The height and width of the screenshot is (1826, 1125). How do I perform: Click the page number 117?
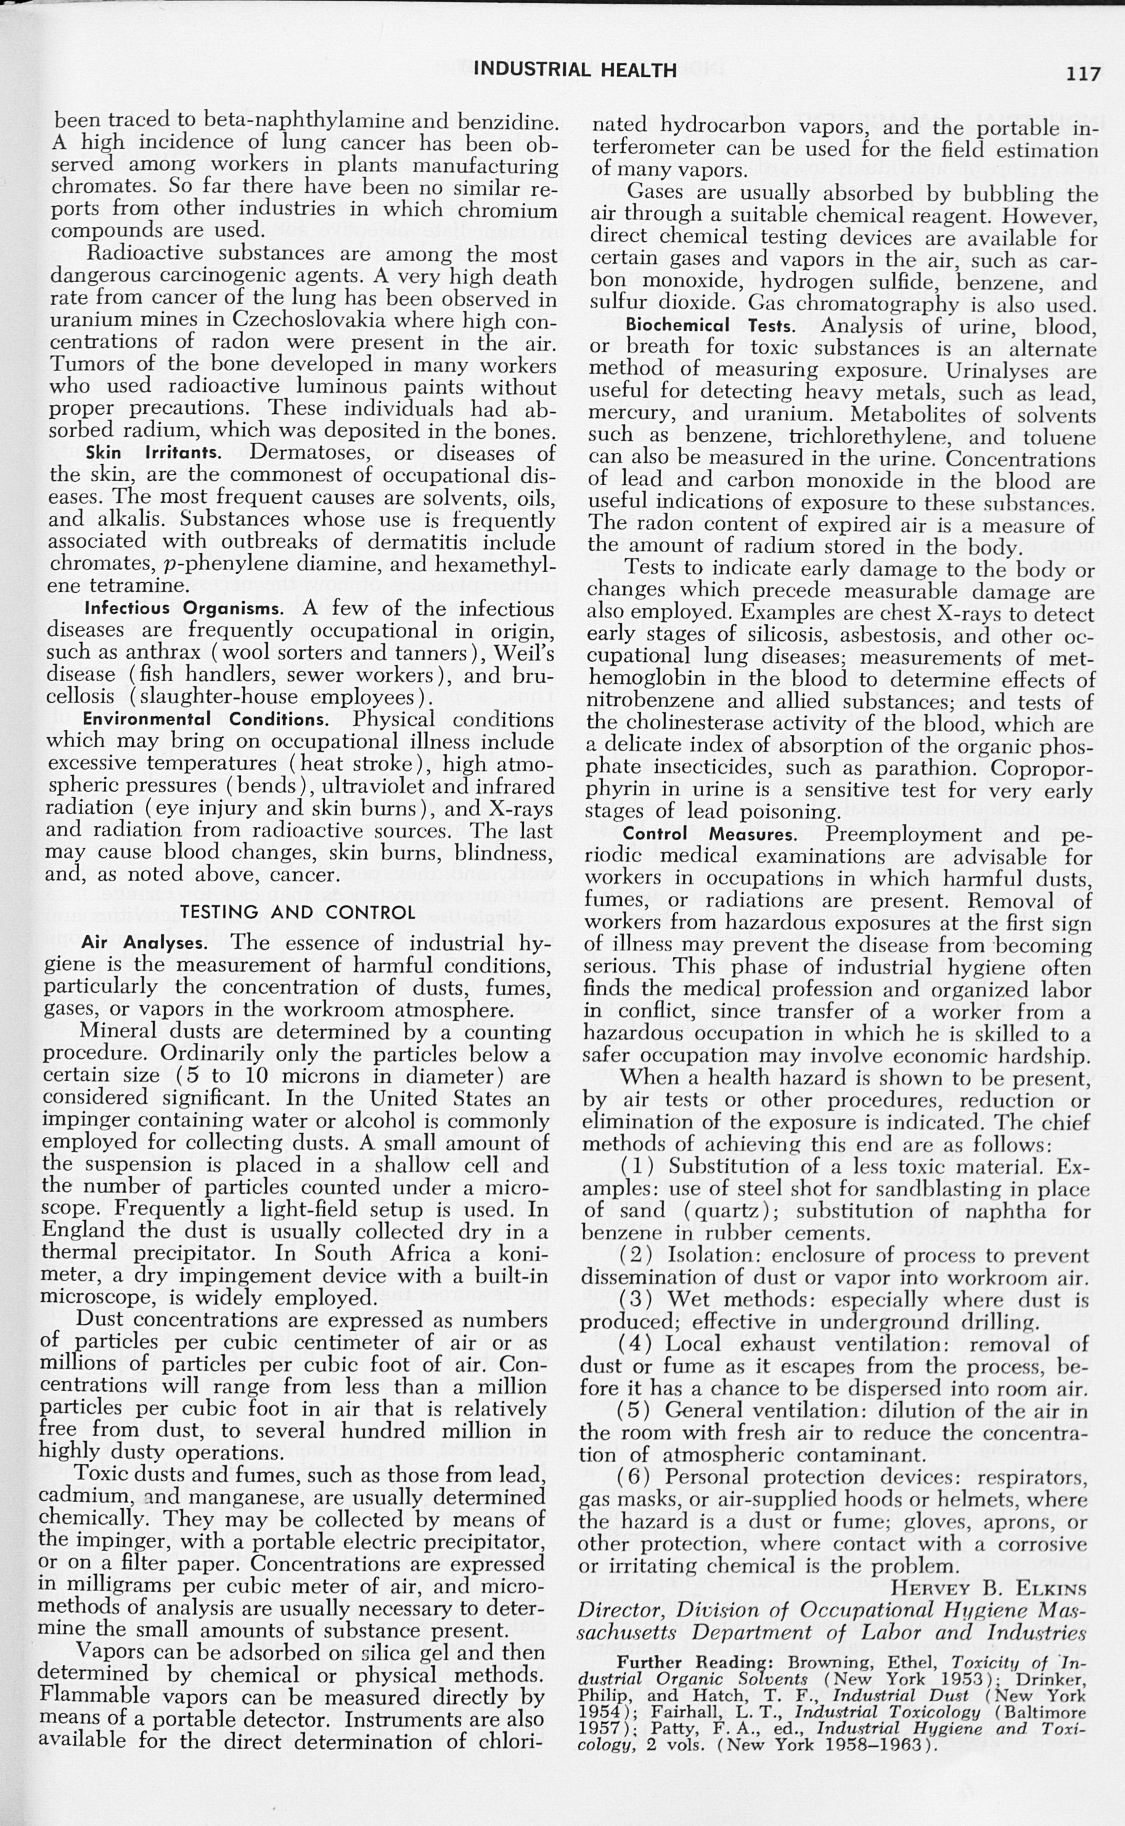tap(1082, 73)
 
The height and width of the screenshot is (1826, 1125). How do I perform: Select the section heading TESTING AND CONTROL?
tap(298, 913)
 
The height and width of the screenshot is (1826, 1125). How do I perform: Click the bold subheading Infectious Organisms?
tap(184, 608)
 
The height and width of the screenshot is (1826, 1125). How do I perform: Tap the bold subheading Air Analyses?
tap(144, 943)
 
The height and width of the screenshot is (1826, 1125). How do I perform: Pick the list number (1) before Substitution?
tap(636, 1165)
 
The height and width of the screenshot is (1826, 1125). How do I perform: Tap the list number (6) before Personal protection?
tap(634, 1477)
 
